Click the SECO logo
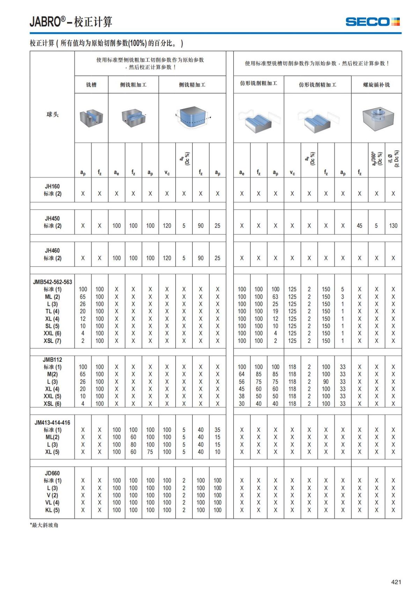pyautogui.click(x=373, y=22)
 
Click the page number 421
pyautogui.click(x=396, y=582)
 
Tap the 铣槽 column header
pyautogui.click(x=91, y=85)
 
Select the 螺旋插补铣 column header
pyautogui.click(x=376, y=85)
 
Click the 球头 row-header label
pyautogui.click(x=52, y=114)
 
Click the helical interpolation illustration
pyautogui.click(x=377, y=118)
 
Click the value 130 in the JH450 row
pyautogui.click(x=393, y=226)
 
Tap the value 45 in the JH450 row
pyautogui.click(x=360, y=226)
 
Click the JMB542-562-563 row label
pyautogui.click(x=52, y=282)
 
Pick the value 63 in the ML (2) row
pyautogui.click(x=275, y=297)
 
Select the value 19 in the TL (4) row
pyautogui.click(x=275, y=311)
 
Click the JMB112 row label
pyautogui.click(x=52, y=360)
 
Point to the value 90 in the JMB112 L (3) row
pyautogui.click(x=326, y=382)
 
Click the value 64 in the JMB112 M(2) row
pyautogui.click(x=242, y=374)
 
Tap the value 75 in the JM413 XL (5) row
pyautogui.click(x=150, y=452)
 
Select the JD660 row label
pyautogui.click(x=52, y=473)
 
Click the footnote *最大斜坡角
pyautogui.click(x=44, y=525)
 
